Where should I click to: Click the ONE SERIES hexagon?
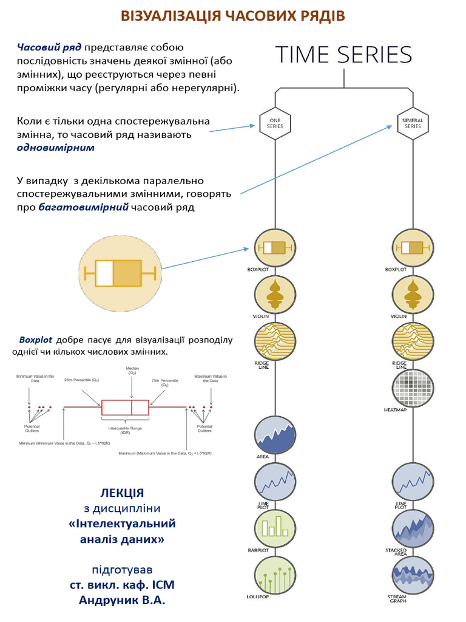coord(275,123)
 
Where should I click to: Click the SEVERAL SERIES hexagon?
coord(413,123)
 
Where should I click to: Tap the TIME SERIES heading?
coord(344,55)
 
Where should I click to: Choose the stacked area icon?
coord(413,528)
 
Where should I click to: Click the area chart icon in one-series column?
coord(275,435)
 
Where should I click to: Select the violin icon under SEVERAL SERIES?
coord(413,295)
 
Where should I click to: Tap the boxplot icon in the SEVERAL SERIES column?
coord(413,248)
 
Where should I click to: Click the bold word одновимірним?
coord(56,148)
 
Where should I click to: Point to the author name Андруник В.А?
coord(122,600)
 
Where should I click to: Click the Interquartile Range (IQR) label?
coord(124,429)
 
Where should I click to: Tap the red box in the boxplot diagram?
coord(125,407)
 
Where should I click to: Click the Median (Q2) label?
coord(132,371)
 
